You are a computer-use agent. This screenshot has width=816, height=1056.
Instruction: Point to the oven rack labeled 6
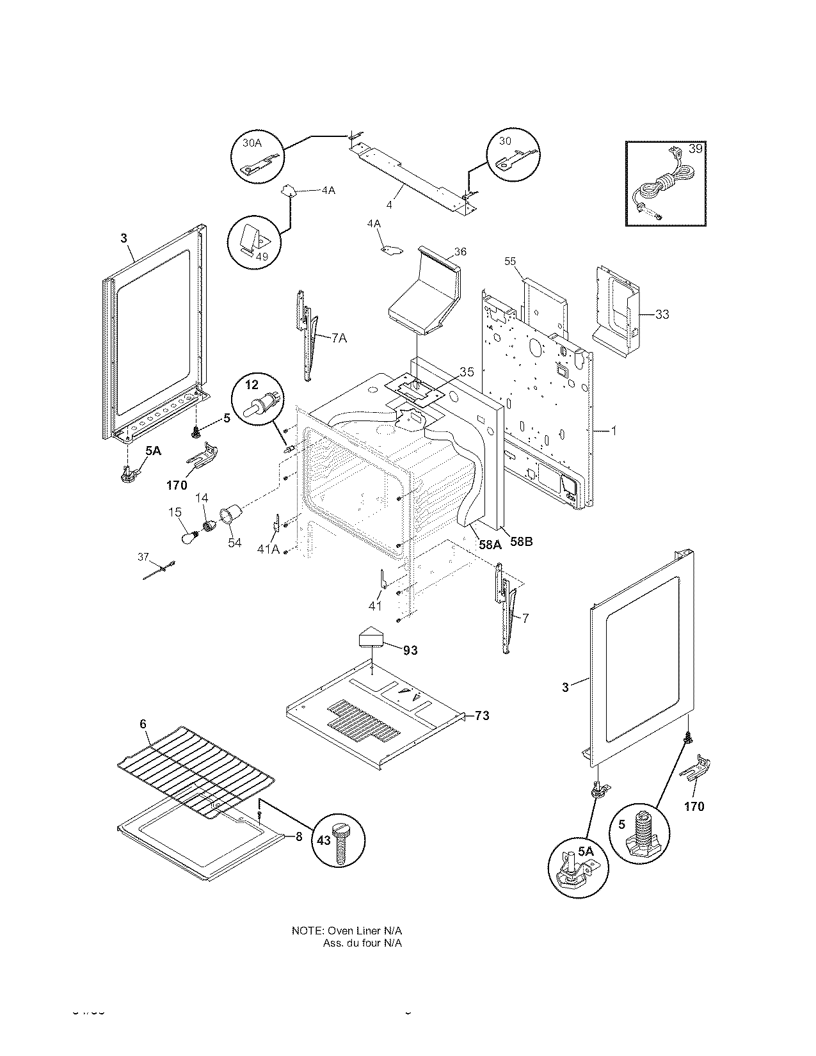pos(195,767)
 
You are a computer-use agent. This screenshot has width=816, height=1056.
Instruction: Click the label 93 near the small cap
pos(410,650)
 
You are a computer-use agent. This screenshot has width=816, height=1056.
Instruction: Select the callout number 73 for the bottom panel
pos(482,716)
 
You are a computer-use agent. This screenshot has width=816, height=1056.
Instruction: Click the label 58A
pos(488,545)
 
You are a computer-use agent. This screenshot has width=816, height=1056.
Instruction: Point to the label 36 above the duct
pos(461,252)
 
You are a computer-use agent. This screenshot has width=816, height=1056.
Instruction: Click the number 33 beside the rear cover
pos(662,314)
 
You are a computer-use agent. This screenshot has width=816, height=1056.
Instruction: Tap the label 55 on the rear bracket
pos(510,261)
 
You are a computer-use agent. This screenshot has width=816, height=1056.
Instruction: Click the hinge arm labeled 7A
pos(308,333)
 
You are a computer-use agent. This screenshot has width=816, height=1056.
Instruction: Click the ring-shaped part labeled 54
pos(230,515)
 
